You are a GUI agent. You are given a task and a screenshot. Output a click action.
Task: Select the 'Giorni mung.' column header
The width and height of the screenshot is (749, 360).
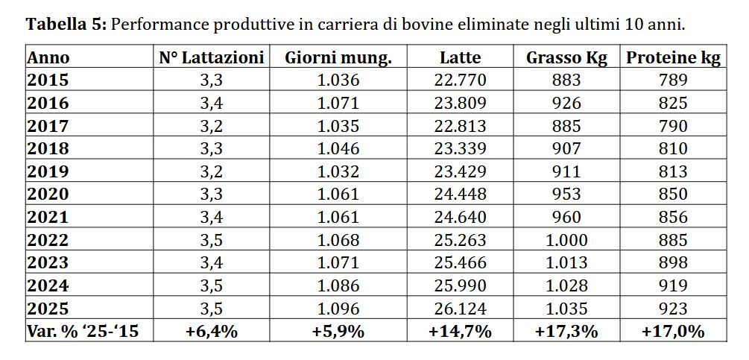coord(338,58)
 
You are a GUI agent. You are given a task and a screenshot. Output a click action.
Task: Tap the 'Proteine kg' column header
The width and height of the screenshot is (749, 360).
coord(673,58)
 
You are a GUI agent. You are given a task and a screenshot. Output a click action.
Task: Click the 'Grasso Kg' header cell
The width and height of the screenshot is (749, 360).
coord(566,58)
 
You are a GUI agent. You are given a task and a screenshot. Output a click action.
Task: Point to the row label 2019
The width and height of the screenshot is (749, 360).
coord(48,171)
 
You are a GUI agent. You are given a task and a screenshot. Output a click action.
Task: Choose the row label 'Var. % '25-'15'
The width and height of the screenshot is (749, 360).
coord(83,332)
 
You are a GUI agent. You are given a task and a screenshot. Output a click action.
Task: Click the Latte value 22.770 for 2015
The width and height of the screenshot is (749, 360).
coord(460,80)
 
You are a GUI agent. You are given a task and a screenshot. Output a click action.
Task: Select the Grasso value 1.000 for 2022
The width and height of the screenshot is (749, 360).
coord(566,240)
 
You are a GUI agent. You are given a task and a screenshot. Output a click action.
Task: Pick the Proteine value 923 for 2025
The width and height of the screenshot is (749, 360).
coord(673,309)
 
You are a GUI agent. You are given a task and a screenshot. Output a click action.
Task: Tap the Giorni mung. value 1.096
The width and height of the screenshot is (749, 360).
coord(338,309)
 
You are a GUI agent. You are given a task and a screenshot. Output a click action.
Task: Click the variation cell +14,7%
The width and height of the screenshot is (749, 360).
coord(460,332)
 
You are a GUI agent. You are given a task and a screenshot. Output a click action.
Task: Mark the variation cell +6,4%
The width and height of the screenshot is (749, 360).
coord(212,332)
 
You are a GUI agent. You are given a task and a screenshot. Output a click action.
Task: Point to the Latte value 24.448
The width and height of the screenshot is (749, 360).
coord(460,195)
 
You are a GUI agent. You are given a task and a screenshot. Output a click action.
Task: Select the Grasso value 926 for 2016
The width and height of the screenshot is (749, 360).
coord(566,103)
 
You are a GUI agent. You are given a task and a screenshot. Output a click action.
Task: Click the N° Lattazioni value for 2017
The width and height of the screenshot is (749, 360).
coord(212,125)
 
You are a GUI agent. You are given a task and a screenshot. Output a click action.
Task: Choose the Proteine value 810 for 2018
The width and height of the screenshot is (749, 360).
coord(673,148)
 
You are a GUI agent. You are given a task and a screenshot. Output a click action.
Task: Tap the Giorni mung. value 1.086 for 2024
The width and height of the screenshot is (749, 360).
coord(338,285)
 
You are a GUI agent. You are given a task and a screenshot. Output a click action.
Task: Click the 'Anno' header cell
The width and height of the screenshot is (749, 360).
coord(48,58)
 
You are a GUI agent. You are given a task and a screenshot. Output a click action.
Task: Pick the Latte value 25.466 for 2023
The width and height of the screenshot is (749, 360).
coord(460,262)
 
